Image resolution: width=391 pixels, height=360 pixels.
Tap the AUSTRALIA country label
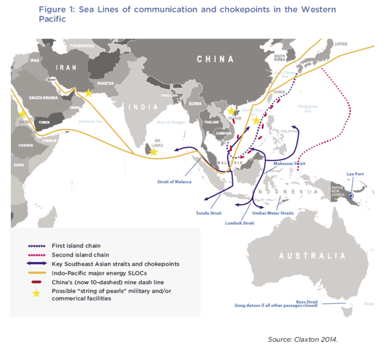(x=312, y=256)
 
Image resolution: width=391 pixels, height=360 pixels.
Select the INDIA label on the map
(x=142, y=107)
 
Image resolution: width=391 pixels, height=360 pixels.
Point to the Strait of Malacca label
(x=174, y=182)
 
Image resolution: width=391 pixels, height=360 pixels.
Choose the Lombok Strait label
(x=240, y=223)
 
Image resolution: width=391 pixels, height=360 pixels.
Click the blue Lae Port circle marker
(x=351, y=196)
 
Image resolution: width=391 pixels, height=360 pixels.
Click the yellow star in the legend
(x=36, y=294)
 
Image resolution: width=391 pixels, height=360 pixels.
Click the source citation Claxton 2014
(x=303, y=340)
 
